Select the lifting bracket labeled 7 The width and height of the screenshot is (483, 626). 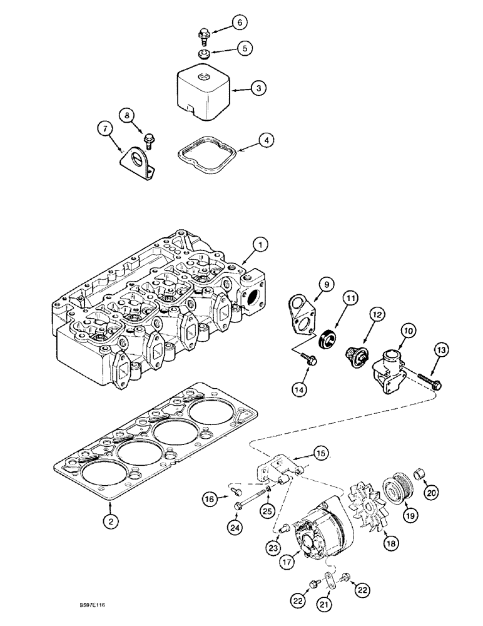click(x=136, y=157)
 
